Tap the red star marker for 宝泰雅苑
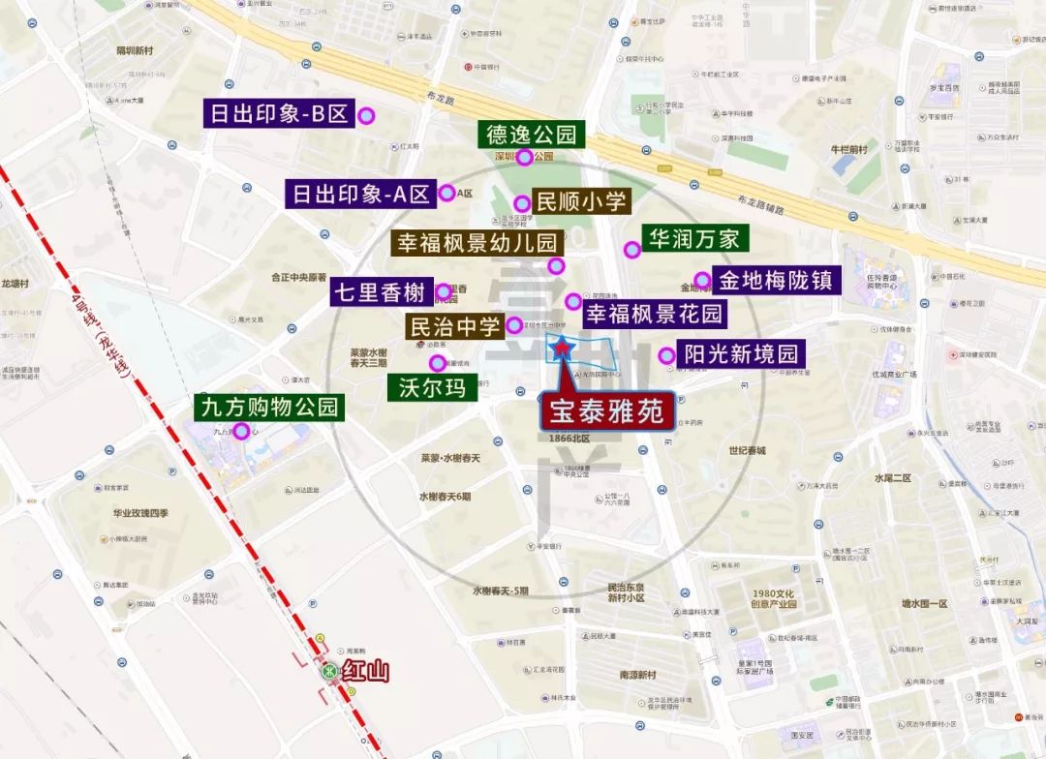click(561, 346)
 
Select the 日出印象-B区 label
click(278, 114)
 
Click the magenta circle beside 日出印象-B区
click(366, 116)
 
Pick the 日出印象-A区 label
click(360, 194)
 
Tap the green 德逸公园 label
click(532, 134)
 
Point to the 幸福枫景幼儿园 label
click(475, 242)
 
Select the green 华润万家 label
click(694, 237)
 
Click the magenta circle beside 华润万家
click(631, 250)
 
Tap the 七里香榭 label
click(380, 291)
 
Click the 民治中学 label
click(453, 325)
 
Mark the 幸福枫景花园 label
click(654, 313)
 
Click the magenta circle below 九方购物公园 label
click(229, 431)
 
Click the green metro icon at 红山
click(329, 669)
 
